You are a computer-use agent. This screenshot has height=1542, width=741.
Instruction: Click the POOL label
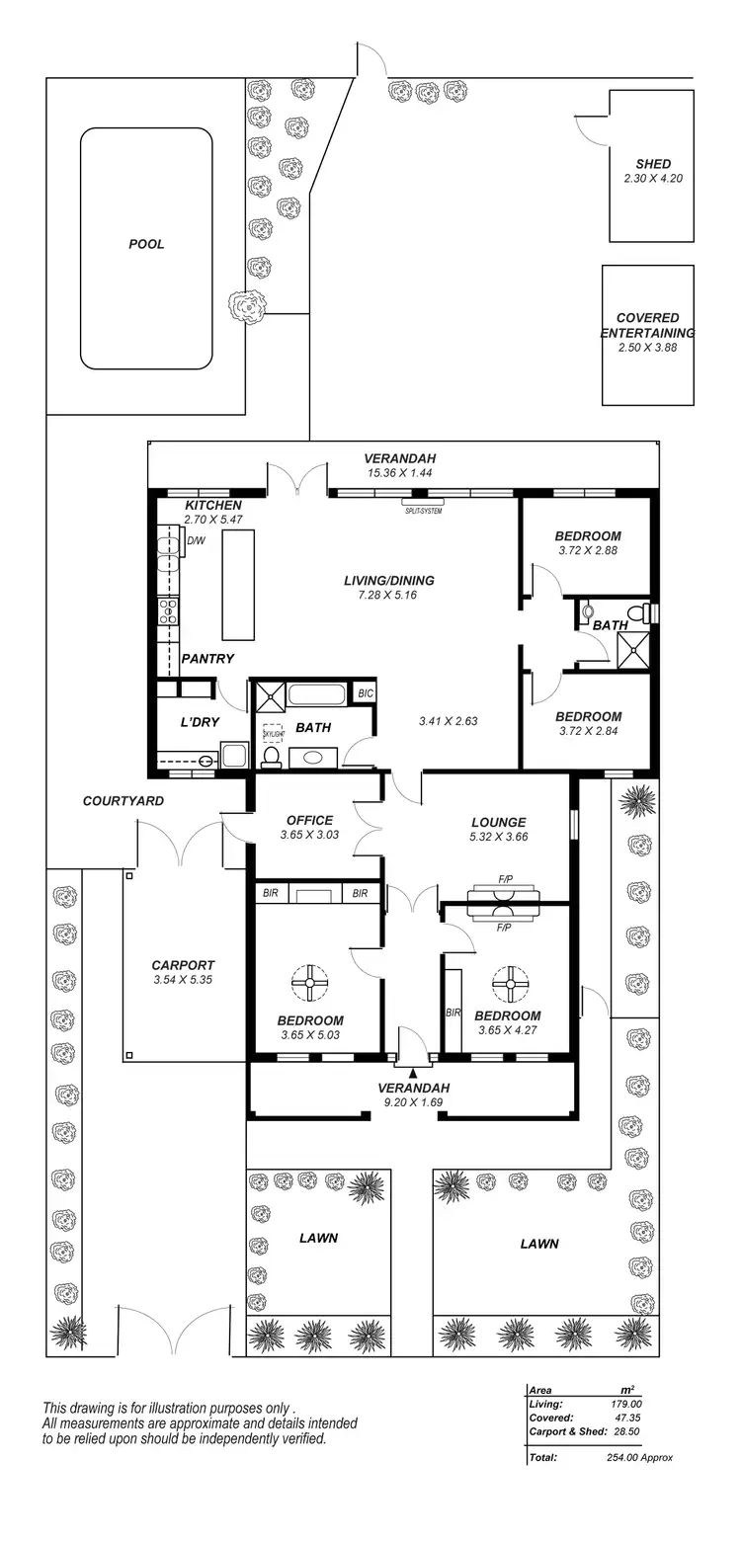pos(146,244)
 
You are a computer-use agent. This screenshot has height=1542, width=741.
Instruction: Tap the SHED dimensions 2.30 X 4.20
pos(653,179)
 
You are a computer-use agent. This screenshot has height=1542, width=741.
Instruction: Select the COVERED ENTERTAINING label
pos(648,325)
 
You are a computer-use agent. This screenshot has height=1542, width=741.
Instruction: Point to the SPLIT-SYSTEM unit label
pos(423,511)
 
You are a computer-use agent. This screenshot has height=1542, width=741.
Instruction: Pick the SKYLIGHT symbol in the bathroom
pos(273,733)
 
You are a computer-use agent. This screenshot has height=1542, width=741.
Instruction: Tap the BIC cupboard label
pos(365,693)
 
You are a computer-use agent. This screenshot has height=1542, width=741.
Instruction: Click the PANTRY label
pos(207,658)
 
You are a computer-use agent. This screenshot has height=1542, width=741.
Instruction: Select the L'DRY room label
pos(199,722)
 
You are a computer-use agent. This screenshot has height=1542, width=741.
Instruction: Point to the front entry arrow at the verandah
pos(413,1070)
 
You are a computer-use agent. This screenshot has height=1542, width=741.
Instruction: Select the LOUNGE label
pos(498,822)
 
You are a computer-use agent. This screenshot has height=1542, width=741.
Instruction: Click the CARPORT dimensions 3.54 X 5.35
pos(183,980)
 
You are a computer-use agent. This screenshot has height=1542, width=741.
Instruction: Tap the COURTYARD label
pos(123,800)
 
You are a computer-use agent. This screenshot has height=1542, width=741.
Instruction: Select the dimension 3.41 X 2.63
pos(448,721)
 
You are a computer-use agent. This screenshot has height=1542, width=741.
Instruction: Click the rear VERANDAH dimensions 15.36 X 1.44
pos(399,473)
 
